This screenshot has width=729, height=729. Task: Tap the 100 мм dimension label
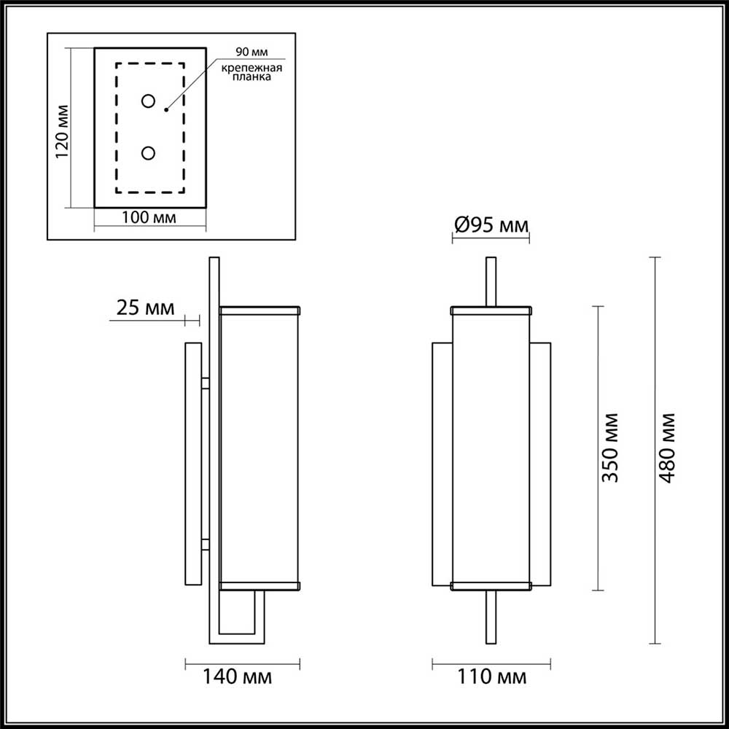pyautogui.click(x=149, y=217)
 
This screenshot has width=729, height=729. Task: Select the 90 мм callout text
pyautogui.click(x=249, y=52)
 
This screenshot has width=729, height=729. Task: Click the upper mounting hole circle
pyautogui.click(x=149, y=101)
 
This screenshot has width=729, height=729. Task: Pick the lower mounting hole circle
pyautogui.click(x=149, y=153)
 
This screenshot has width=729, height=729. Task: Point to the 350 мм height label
pyautogui.click(x=610, y=448)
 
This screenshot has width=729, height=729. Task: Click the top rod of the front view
pyautogui.click(x=491, y=281)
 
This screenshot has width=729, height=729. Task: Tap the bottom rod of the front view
pyautogui.click(x=491, y=616)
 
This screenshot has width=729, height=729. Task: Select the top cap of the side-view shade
pyautogui.click(x=260, y=310)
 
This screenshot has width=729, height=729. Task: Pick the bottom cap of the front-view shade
pyautogui.click(x=491, y=585)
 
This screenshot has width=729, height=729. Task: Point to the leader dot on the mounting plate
pyautogui.click(x=167, y=110)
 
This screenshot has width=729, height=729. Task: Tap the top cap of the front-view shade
pyautogui.click(x=491, y=311)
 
